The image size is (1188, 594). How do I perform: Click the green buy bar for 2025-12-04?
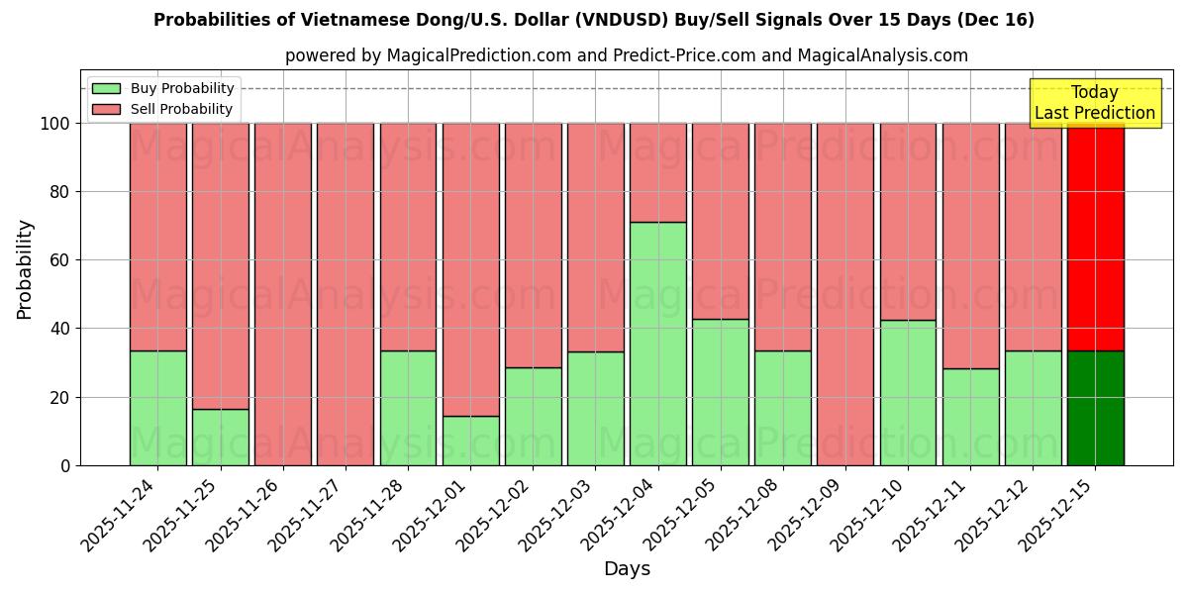(x=658, y=344)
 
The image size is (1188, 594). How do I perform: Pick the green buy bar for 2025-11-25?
(x=221, y=437)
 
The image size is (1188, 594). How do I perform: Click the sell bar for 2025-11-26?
(x=283, y=294)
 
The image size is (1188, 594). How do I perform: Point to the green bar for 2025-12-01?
(x=470, y=441)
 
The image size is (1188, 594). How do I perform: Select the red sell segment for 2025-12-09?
(x=845, y=294)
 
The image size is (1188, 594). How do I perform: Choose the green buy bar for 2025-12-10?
(x=908, y=392)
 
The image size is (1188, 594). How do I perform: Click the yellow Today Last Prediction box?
(x=1094, y=103)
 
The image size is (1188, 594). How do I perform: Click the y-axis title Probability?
(x=25, y=269)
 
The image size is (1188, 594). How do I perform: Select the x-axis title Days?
(x=627, y=569)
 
